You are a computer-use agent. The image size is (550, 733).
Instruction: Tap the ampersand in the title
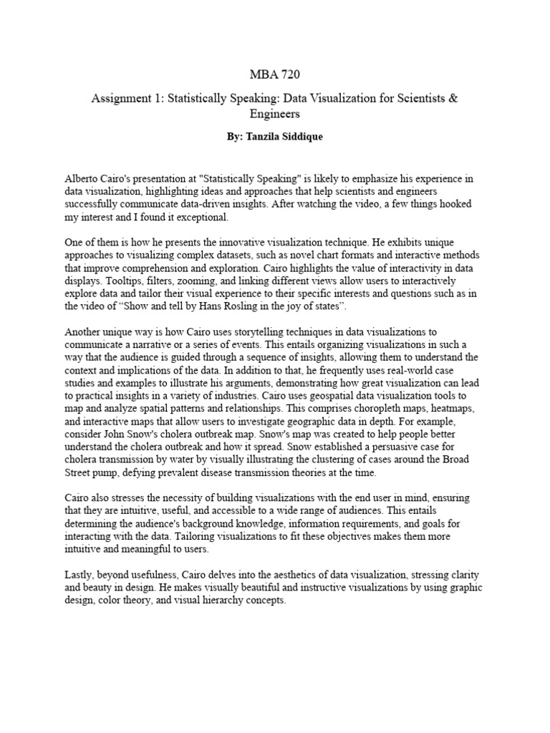pyautogui.click(x=453, y=98)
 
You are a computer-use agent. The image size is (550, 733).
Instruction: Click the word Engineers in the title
pyautogui.click(x=275, y=114)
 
